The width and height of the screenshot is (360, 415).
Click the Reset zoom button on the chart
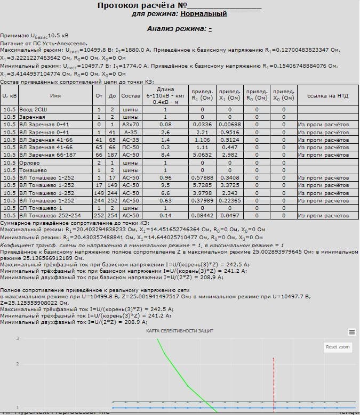(338, 347)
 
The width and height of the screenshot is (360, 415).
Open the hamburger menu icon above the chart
(351, 331)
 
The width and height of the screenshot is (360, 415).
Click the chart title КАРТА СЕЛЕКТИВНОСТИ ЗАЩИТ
(180, 331)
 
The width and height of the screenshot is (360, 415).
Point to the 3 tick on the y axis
(18, 338)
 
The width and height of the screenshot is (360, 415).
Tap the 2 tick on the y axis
(18, 364)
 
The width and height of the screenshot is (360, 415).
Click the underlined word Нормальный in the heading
(203, 14)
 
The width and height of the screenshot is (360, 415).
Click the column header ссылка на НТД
(329, 96)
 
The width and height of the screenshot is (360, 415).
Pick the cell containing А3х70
(130, 125)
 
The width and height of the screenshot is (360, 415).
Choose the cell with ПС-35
(130, 147)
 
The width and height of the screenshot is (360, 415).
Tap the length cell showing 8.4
(165, 154)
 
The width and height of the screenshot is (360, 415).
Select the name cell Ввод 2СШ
(33, 109)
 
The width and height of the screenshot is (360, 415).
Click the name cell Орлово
(30, 162)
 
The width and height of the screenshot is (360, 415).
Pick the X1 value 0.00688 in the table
(230, 125)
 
